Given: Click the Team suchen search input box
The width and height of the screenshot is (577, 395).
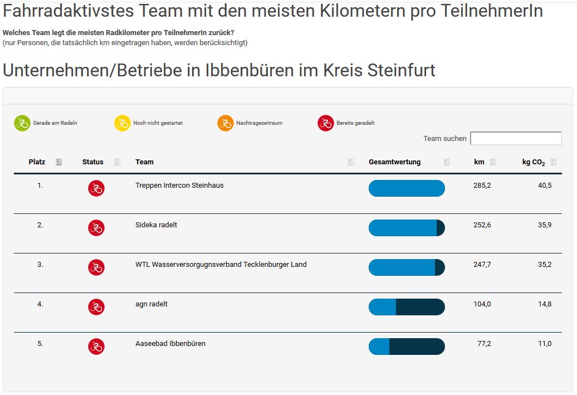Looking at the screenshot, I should [516, 138].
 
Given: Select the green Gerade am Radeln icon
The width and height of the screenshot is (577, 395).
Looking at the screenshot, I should [22, 123].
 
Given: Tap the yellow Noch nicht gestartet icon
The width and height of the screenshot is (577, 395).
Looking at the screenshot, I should [122, 123].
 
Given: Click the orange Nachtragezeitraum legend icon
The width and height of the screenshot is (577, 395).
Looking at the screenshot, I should [225, 123].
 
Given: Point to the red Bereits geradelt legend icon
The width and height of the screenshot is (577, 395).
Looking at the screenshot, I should [325, 123].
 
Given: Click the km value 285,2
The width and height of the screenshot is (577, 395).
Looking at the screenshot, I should [482, 186].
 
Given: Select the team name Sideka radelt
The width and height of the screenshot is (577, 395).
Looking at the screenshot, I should [156, 225].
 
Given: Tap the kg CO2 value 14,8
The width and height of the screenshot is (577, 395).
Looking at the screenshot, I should [544, 304].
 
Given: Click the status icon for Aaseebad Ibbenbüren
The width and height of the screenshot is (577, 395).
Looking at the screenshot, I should [96, 347].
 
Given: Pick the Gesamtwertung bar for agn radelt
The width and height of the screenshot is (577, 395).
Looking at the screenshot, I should [407, 307].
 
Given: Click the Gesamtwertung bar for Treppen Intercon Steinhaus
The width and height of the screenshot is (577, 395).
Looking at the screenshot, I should [407, 188].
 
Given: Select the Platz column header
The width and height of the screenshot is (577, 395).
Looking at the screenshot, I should [37, 162].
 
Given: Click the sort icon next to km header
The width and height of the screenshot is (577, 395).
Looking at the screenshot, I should [493, 162].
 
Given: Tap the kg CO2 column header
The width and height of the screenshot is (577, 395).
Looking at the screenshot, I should [533, 162].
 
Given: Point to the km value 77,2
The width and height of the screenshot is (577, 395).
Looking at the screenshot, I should [484, 344].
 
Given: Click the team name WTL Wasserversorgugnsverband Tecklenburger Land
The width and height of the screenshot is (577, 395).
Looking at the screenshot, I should [221, 265].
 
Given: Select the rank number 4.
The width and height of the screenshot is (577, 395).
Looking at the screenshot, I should [40, 304].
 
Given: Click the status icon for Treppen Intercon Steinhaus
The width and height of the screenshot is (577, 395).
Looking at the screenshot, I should [96, 188].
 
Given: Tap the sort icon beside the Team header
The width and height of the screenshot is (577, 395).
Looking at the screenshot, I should [350, 162].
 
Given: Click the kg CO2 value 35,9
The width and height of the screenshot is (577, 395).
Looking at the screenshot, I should [544, 225].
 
